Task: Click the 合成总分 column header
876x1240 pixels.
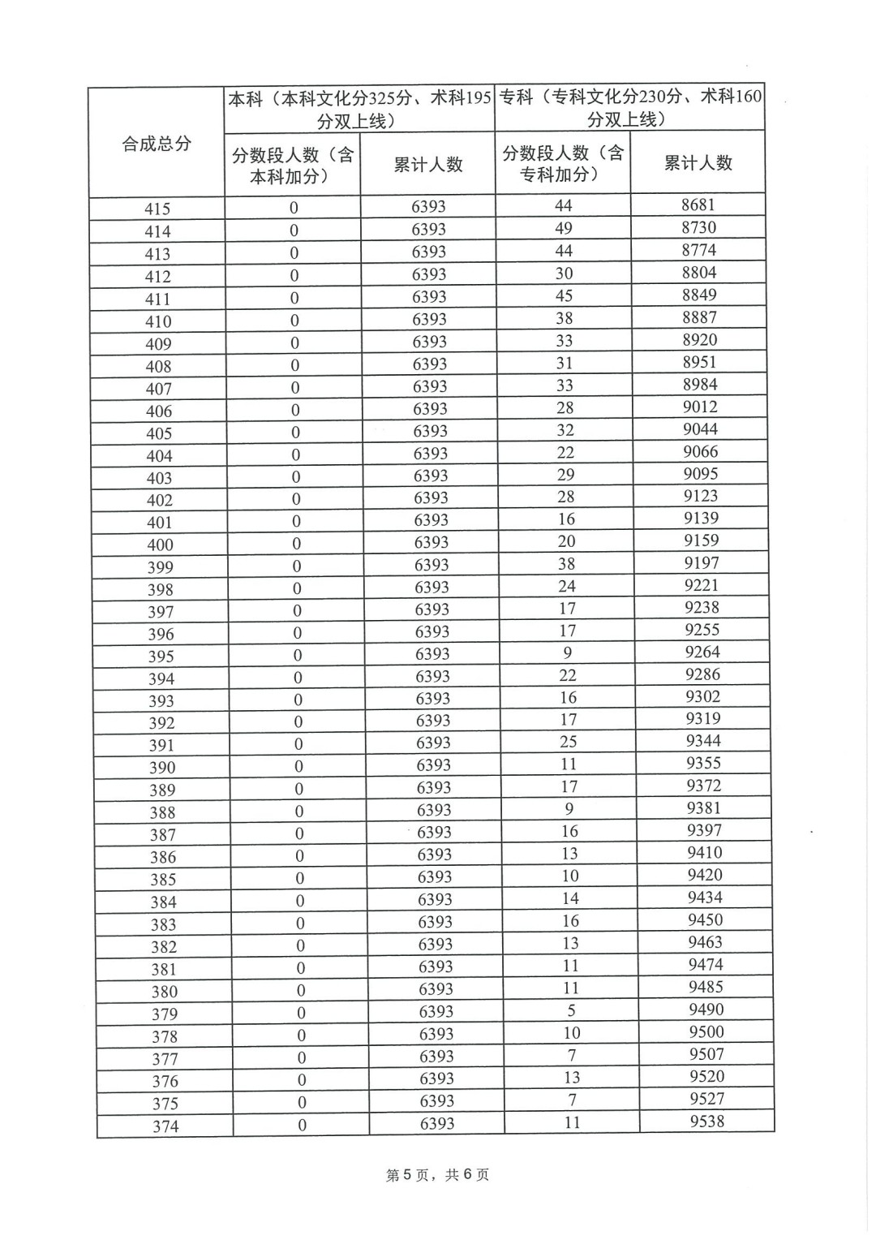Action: coord(157,144)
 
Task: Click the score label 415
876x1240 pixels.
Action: coord(157,209)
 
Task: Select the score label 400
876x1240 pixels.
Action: coord(160,545)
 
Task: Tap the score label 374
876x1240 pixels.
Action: coord(165,1126)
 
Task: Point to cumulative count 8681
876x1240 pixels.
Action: coord(698,205)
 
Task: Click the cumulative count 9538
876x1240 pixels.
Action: coord(706,1122)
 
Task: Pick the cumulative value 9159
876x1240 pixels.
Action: coord(701,540)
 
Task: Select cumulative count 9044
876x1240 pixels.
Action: coord(700,429)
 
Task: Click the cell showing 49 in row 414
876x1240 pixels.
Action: coord(564,228)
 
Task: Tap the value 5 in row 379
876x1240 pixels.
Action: coord(571,1010)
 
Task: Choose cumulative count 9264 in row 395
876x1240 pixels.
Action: coord(702,652)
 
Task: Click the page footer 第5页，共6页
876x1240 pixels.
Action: coord(437,1175)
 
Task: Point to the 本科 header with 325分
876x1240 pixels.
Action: coord(359,110)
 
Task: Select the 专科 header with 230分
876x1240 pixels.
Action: coord(630,108)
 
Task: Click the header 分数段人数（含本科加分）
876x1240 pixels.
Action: coord(293,166)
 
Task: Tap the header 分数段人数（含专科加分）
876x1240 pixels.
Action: coord(563,163)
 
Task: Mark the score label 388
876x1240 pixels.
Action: coord(162,812)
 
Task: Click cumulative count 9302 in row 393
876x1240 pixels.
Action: coord(702,696)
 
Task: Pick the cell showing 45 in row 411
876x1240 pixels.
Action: coord(564,295)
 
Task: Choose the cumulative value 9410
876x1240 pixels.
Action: coord(704,852)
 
